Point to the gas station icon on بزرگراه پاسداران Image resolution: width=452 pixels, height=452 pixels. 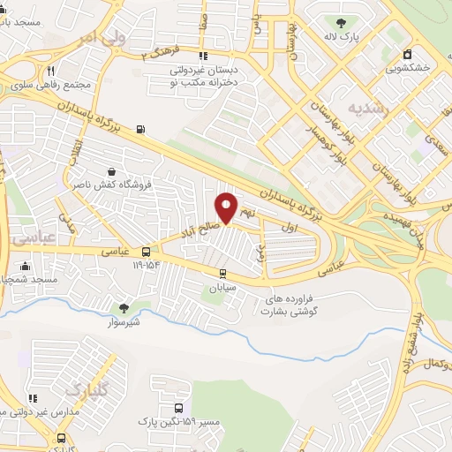tap(139, 132)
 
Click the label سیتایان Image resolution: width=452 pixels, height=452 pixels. tap(224, 287)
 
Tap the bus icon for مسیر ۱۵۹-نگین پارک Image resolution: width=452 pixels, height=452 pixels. tap(180, 409)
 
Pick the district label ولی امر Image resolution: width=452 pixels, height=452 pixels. tap(97, 37)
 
